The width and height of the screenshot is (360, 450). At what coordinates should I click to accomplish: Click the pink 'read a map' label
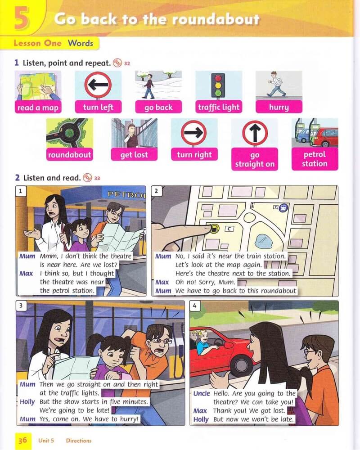click(38, 108)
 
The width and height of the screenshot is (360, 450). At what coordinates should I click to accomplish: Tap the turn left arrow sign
click(98, 85)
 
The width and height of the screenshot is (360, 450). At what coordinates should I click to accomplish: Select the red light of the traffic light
click(218, 78)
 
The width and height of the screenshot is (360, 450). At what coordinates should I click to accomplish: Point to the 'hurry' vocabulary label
click(279, 107)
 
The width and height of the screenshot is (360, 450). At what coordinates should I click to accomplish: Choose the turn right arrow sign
click(194, 133)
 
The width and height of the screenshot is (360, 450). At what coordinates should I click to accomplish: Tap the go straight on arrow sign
click(255, 133)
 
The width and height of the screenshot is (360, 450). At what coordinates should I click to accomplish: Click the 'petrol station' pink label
click(315, 159)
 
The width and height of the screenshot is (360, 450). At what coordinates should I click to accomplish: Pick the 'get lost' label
click(134, 155)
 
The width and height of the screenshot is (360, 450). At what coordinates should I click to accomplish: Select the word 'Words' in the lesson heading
click(81, 43)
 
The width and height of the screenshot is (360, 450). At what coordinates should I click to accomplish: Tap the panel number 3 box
click(21, 306)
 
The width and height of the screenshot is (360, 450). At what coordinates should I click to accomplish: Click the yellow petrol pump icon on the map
click(214, 229)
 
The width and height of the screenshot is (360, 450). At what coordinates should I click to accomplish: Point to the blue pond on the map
click(264, 240)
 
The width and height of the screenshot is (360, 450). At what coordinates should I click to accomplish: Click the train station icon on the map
click(283, 208)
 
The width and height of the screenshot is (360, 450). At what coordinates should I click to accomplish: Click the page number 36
click(22, 440)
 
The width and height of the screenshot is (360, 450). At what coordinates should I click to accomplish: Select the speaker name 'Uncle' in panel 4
click(202, 393)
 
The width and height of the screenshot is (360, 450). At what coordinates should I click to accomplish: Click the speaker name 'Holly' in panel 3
click(27, 402)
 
